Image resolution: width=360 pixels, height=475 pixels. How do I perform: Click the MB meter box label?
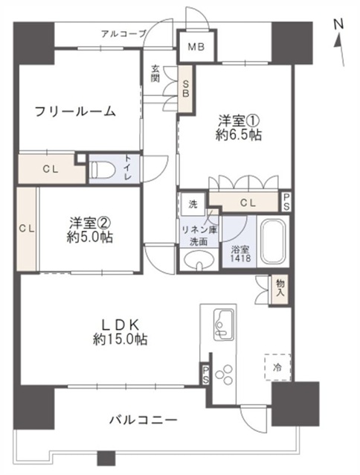(x=196, y=47)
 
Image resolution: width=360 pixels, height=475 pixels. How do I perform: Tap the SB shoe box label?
(x=185, y=88)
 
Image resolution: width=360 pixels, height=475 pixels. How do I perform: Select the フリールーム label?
(x=75, y=112)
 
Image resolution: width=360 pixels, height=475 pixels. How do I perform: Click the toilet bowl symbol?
(x=103, y=169)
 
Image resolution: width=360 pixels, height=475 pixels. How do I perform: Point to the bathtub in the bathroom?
(x=273, y=241)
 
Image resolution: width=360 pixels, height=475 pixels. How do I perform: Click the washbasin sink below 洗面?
(x=199, y=260)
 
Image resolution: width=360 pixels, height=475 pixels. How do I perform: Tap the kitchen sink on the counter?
(x=224, y=324)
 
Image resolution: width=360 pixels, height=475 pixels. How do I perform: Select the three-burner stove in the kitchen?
(x=224, y=374)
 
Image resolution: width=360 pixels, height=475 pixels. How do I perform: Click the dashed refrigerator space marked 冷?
(x=277, y=367)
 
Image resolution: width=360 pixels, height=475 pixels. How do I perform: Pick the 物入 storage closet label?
(x=280, y=288)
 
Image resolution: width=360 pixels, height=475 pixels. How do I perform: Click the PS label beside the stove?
(x=206, y=375)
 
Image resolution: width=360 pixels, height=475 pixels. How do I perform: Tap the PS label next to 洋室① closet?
(x=286, y=202)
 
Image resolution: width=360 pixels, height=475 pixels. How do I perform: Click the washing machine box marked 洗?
(x=193, y=204)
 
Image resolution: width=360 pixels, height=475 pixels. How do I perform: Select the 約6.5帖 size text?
(x=239, y=135)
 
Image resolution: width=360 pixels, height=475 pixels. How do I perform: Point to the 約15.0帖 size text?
(x=120, y=340)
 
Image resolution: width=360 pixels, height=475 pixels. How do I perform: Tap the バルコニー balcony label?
(x=143, y=420)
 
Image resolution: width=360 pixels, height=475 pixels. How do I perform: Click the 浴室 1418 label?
(x=241, y=254)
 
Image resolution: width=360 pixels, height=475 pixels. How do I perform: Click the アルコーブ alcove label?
(x=123, y=34)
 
